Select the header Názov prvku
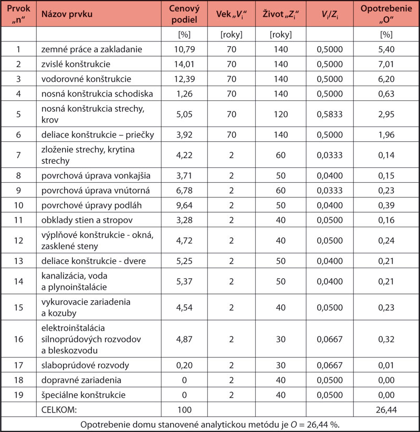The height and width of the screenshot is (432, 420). pyautogui.click(x=67, y=14)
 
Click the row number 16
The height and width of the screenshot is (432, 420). pyautogui.click(x=18, y=339)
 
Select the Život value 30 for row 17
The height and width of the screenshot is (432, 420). pyautogui.click(x=281, y=365)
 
